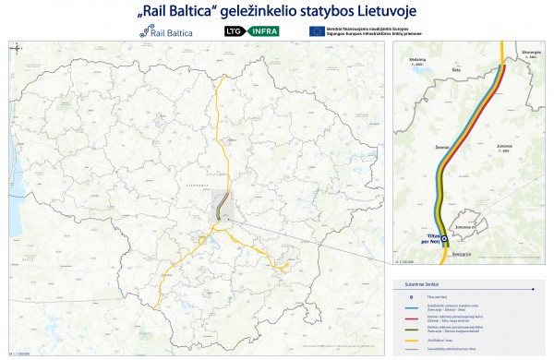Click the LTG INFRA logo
tap(252, 30)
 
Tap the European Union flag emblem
tap(316, 30)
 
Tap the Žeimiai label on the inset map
tap(441, 146)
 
